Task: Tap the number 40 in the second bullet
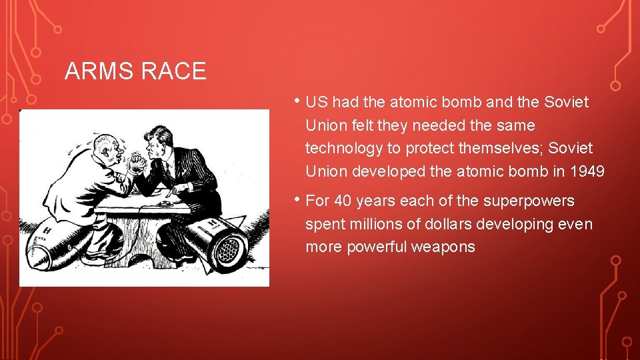tap(342, 201)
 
